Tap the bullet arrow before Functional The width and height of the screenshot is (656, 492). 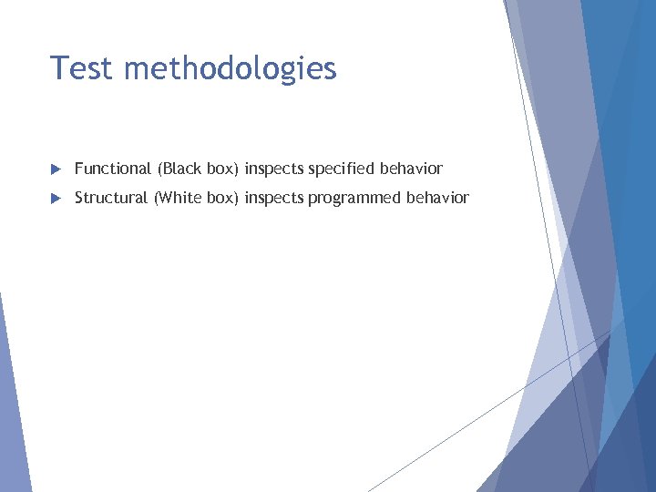click(x=55, y=169)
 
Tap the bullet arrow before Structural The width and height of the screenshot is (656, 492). click(x=55, y=199)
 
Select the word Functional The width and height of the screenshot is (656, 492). click(x=112, y=169)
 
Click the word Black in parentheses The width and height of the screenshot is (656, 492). click(x=182, y=169)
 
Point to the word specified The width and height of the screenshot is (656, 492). click(x=343, y=169)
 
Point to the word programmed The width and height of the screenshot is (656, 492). click(x=354, y=199)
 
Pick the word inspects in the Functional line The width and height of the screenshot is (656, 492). click(x=274, y=169)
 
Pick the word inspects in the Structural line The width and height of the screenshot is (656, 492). click(x=274, y=199)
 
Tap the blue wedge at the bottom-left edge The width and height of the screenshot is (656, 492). click(x=11, y=410)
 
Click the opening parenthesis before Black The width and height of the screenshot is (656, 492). click(x=160, y=169)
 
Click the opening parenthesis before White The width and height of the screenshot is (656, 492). click(x=157, y=199)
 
